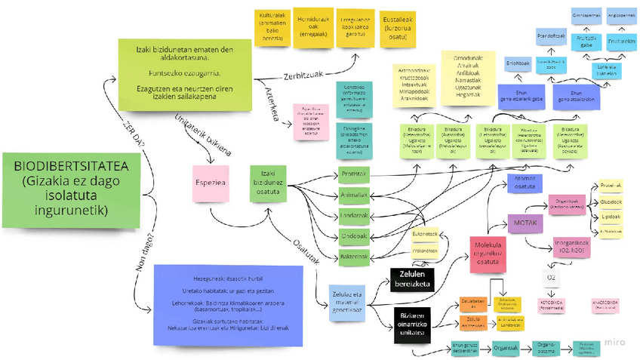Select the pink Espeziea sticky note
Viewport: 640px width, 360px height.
211,183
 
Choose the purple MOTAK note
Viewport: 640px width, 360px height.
525,223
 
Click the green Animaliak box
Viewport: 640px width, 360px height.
353,195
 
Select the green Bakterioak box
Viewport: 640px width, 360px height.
353,257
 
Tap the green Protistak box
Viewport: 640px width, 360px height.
353,174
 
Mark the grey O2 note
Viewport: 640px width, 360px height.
551,277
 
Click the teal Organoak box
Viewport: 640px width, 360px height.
504,349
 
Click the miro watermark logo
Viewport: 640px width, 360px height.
617,343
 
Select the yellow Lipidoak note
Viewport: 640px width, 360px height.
611,216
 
